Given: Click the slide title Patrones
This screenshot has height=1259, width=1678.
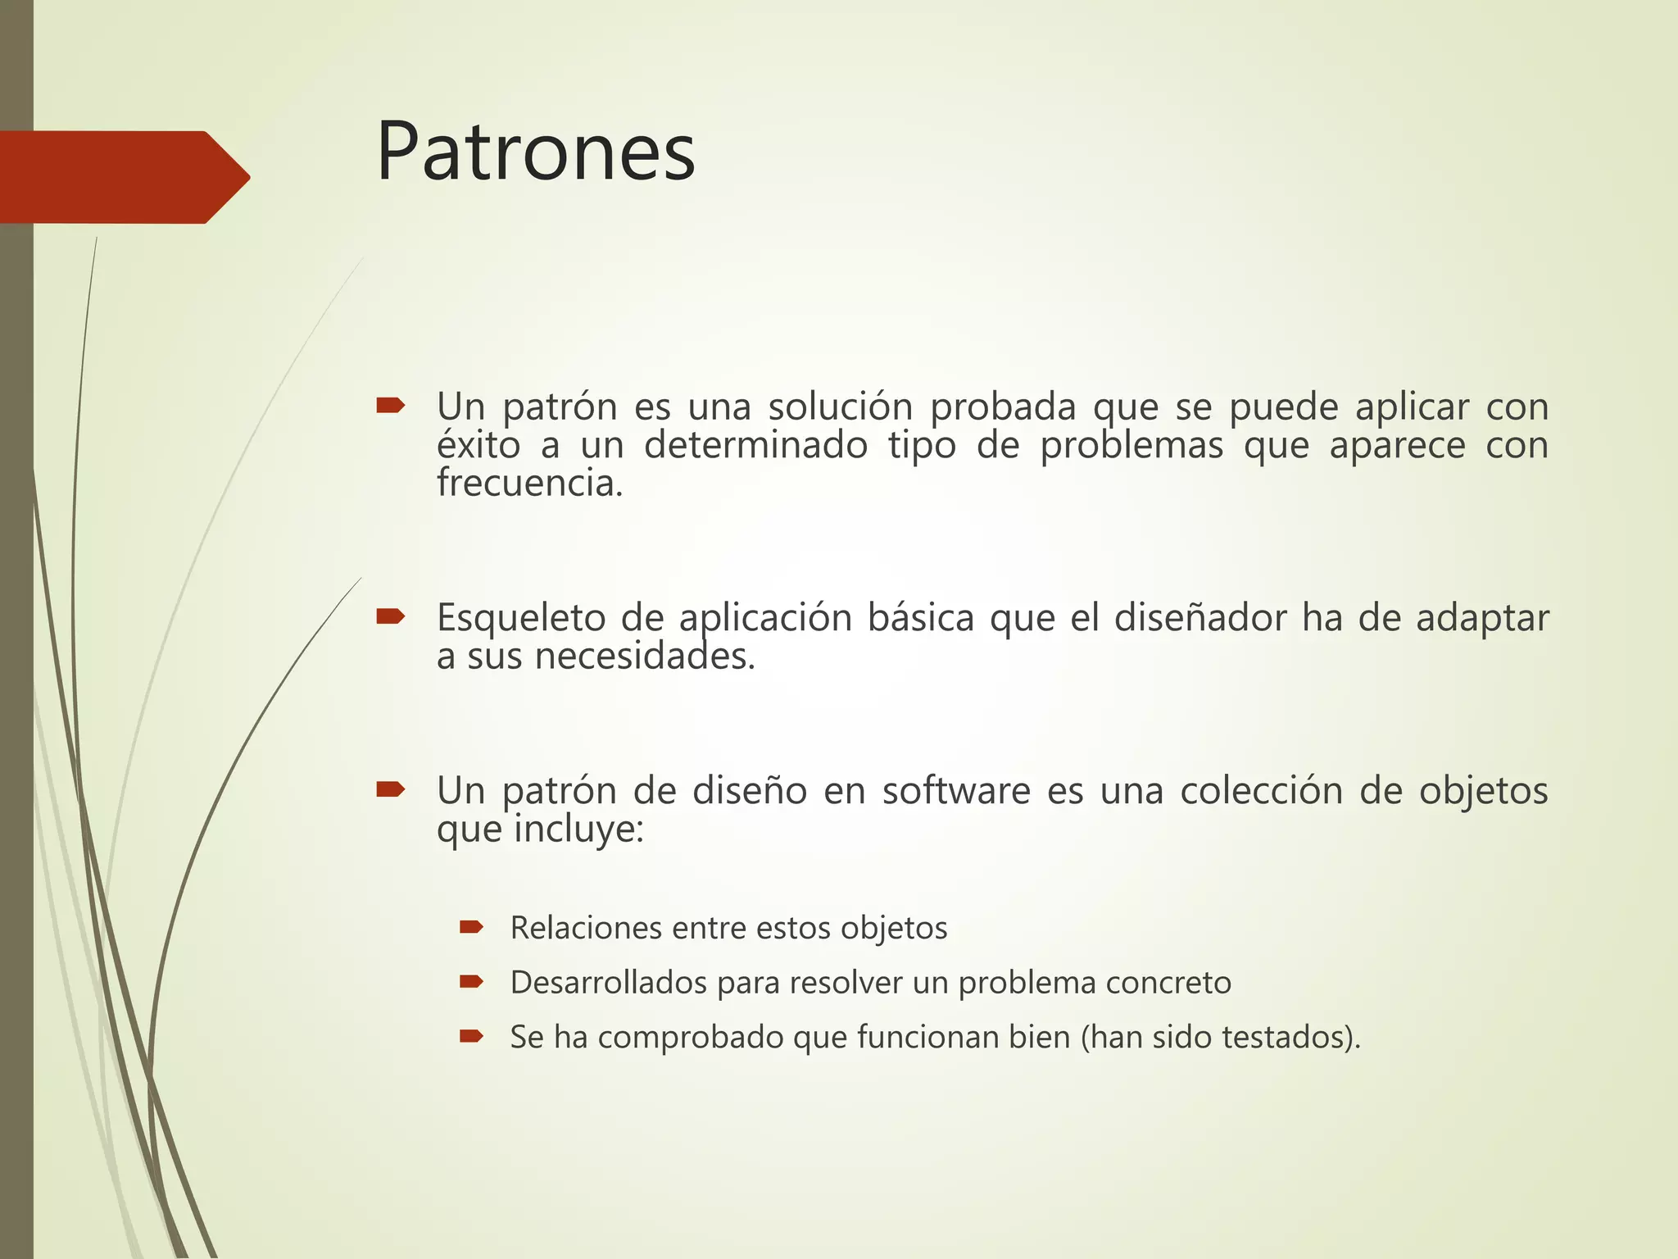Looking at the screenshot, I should (x=535, y=152).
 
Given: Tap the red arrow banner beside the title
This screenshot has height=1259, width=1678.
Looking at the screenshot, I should (x=123, y=177).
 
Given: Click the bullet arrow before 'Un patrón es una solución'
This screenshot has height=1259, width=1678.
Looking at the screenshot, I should (x=390, y=405).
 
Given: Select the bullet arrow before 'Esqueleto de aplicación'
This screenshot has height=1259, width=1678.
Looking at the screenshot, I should (x=390, y=616).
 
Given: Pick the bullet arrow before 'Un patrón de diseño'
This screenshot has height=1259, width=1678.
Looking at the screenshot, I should (x=390, y=789).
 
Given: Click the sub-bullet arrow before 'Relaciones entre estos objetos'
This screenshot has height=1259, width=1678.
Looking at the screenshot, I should (x=471, y=927).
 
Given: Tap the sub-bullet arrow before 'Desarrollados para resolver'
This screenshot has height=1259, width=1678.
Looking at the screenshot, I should (x=471, y=981).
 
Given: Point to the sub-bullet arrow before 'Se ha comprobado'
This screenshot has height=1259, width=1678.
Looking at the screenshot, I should (x=471, y=1036).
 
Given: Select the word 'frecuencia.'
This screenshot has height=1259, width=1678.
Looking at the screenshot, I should (x=530, y=483).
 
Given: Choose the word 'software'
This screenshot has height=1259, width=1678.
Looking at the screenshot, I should (x=955, y=791).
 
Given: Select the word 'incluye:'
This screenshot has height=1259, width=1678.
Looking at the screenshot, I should (x=578, y=829).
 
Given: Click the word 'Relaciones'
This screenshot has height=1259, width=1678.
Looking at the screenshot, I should (x=585, y=928).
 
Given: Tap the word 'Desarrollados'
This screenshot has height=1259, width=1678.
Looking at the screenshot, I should (x=608, y=982).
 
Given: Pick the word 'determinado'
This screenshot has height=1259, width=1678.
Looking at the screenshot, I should (x=755, y=446).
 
